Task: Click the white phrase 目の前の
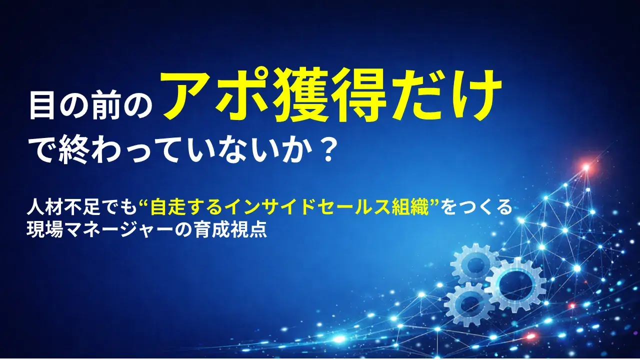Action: click(x=90, y=106)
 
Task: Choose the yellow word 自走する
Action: click(x=174, y=206)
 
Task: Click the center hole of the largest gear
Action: click(x=515, y=283)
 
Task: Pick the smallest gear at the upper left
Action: click(x=475, y=264)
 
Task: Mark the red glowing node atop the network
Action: click(x=585, y=167)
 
